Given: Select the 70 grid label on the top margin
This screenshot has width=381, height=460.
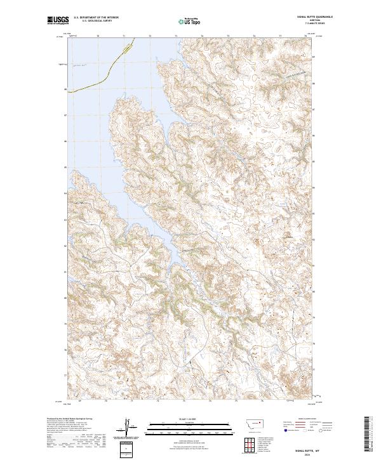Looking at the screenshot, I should point(98,37).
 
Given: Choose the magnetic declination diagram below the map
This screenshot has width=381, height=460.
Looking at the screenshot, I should point(127,429).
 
